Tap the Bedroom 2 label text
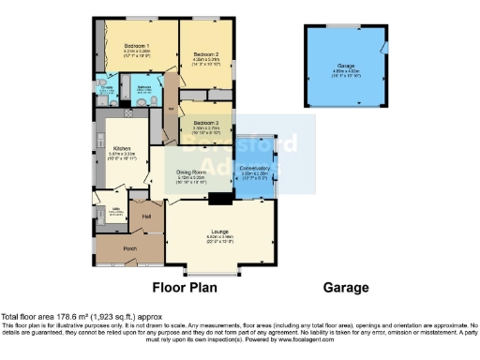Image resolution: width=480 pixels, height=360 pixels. [206, 54]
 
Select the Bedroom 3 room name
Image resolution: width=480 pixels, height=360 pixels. [206, 123]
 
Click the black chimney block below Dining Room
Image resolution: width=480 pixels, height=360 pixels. [220, 198]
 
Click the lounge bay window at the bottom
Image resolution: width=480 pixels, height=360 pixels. [220, 275]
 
